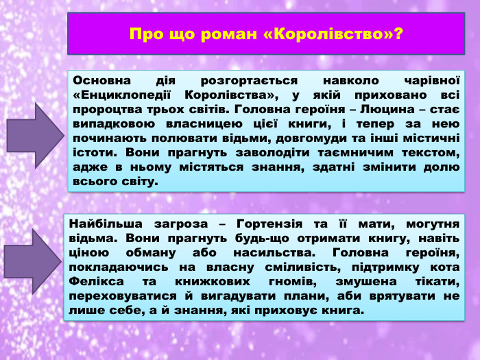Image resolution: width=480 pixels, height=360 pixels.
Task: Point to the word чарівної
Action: (431, 80)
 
